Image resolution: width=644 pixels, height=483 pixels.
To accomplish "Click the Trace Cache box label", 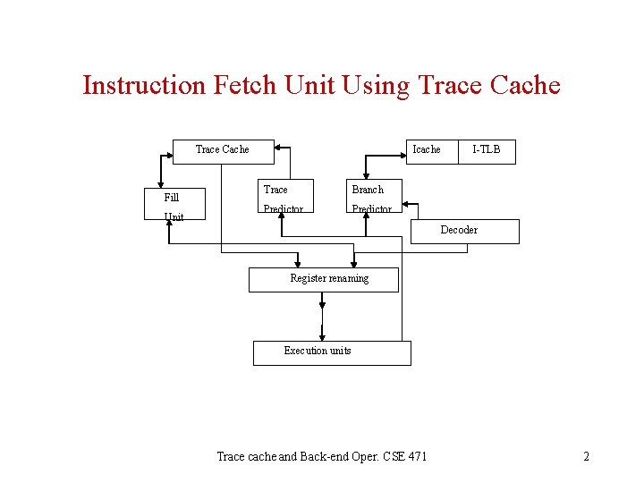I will pos(222,149).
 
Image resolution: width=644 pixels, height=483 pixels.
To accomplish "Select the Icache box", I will pos(427,149).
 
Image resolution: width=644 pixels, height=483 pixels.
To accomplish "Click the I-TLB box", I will pos(487,149).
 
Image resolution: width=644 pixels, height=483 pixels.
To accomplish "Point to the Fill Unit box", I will pos(175,205).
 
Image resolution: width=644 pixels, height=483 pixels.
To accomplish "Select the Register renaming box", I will pos(322,279).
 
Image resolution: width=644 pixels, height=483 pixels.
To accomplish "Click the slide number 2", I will pos(586,457).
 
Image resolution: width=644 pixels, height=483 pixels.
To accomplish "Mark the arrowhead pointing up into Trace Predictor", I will pos(282,214).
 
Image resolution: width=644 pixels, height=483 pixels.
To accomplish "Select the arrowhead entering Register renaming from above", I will pos(355,262).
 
